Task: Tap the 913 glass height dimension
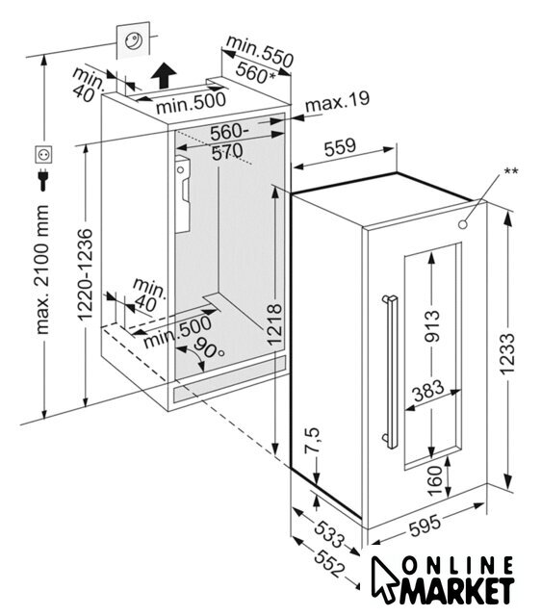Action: (432, 325)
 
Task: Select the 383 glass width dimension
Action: (428, 390)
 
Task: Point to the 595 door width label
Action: (425, 525)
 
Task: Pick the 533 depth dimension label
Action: (329, 533)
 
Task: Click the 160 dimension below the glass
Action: (435, 480)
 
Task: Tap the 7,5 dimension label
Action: (313, 440)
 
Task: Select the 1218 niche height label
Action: (274, 324)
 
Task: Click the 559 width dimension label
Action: (340, 146)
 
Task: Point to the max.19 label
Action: (338, 102)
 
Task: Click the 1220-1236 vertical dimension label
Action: (85, 274)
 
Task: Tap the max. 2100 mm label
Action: (42, 269)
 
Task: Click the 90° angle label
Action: (208, 346)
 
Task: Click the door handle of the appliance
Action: (390, 372)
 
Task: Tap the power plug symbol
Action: (42, 180)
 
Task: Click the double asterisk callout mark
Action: (511, 171)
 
